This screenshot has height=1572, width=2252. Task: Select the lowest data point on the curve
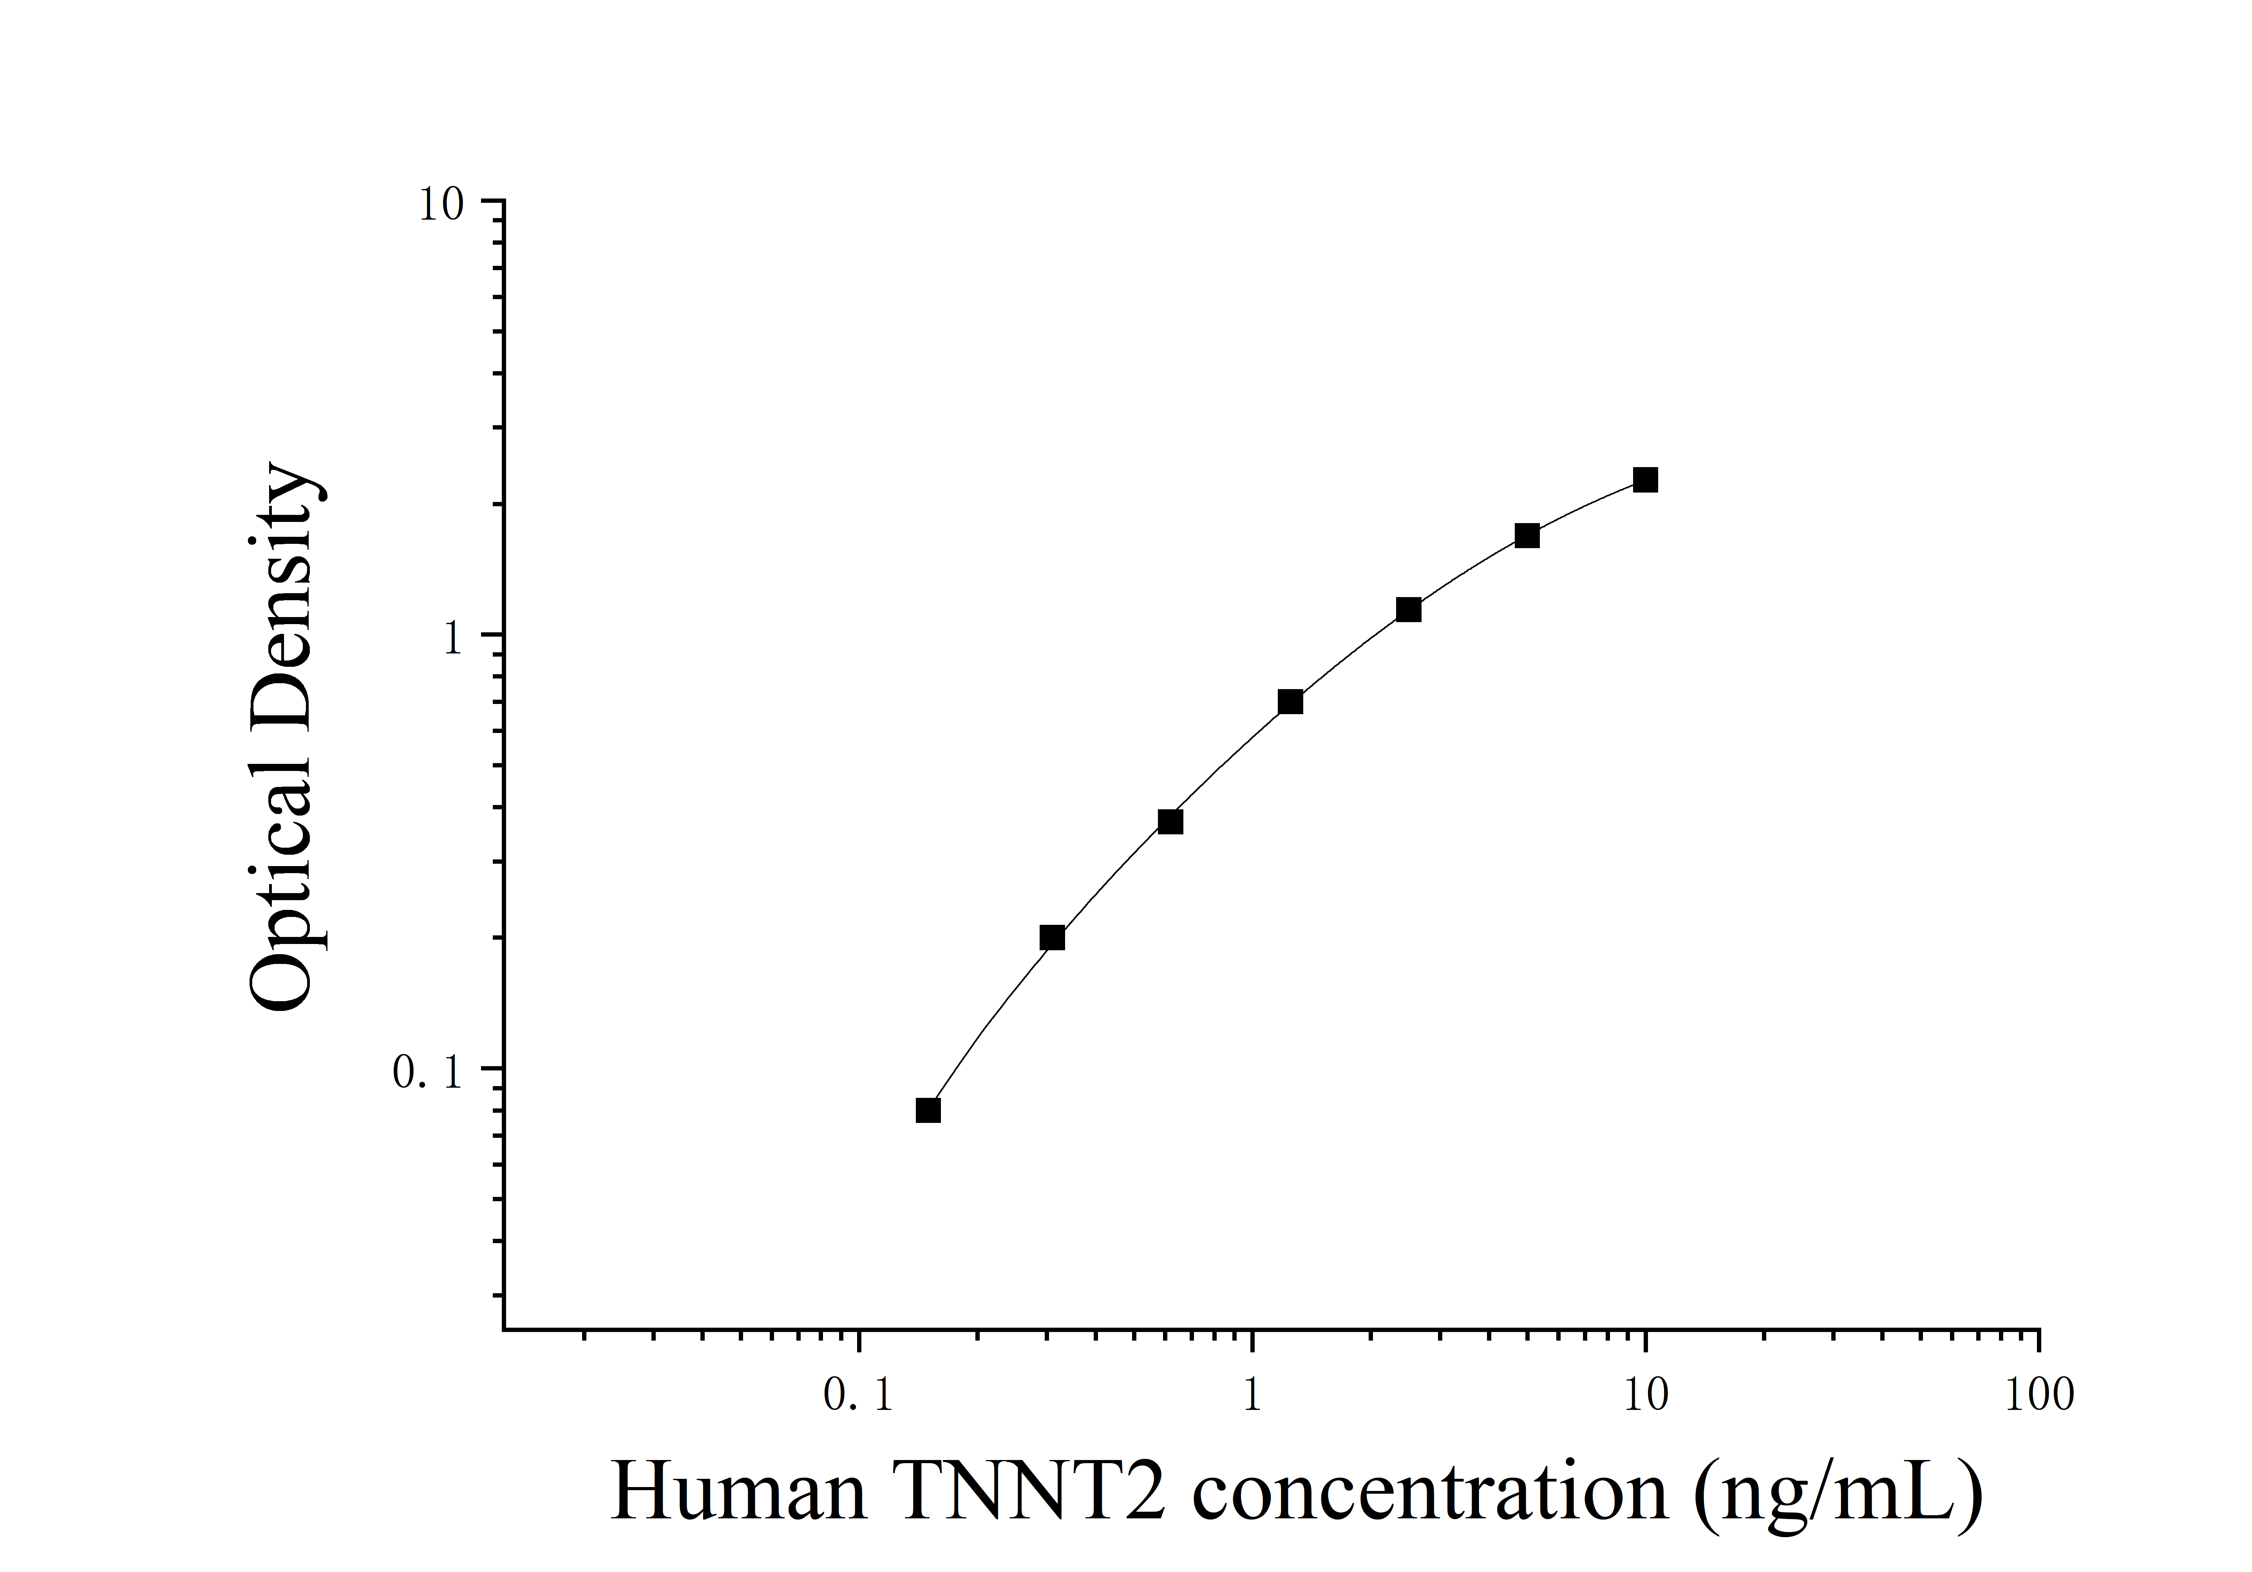pos(928,1110)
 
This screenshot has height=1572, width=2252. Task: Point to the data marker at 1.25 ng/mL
pos(1291,701)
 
